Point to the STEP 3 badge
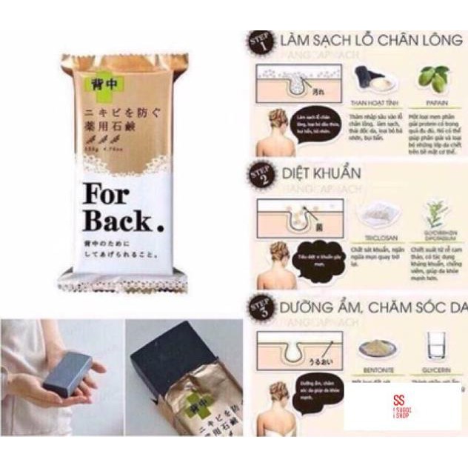[260, 305]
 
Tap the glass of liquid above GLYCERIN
[435, 346]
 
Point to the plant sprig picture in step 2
[434, 213]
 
